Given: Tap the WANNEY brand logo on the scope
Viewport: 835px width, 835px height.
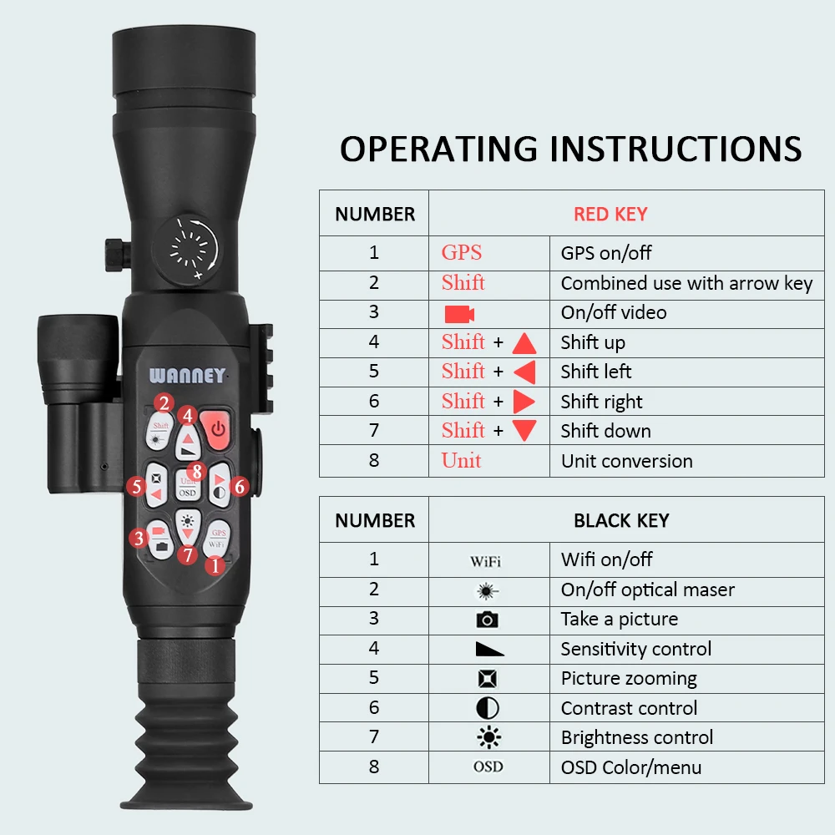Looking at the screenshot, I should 187,376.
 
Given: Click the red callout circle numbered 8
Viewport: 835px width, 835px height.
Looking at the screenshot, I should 196,471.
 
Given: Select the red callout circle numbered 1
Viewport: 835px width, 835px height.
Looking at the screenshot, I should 215,565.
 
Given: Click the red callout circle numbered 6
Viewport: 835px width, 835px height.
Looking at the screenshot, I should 240,486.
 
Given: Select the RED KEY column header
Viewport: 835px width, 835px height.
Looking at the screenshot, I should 610,215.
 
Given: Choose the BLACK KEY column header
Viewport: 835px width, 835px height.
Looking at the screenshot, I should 621,521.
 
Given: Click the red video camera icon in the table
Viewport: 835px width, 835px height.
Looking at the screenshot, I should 459,314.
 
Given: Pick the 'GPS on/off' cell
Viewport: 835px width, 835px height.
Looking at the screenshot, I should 606,253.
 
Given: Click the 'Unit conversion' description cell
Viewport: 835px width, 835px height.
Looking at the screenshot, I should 626,461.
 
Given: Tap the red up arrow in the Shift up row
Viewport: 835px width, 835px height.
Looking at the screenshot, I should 524,343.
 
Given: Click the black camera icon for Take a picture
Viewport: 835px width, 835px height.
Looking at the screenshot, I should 488,620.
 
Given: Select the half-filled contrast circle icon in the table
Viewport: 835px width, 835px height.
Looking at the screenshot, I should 488,708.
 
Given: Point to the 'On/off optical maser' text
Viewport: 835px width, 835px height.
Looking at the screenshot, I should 647,590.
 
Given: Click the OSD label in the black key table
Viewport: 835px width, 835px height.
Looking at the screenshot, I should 488,767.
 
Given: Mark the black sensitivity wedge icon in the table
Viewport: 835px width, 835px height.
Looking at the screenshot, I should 488,649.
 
